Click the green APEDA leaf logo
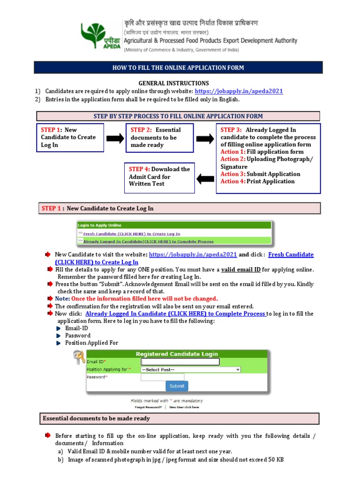97,35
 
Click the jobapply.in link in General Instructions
239,91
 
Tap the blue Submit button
177,386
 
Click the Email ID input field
180,362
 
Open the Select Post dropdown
191,369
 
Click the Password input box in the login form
163,376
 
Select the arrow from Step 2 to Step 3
204,138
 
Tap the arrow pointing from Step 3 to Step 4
205,178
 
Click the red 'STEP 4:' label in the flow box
139,169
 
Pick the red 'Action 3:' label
233,174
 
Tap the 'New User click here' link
184,407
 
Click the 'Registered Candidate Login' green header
176,354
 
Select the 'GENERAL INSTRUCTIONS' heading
173,83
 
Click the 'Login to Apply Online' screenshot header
99,225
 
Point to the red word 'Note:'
62,299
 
